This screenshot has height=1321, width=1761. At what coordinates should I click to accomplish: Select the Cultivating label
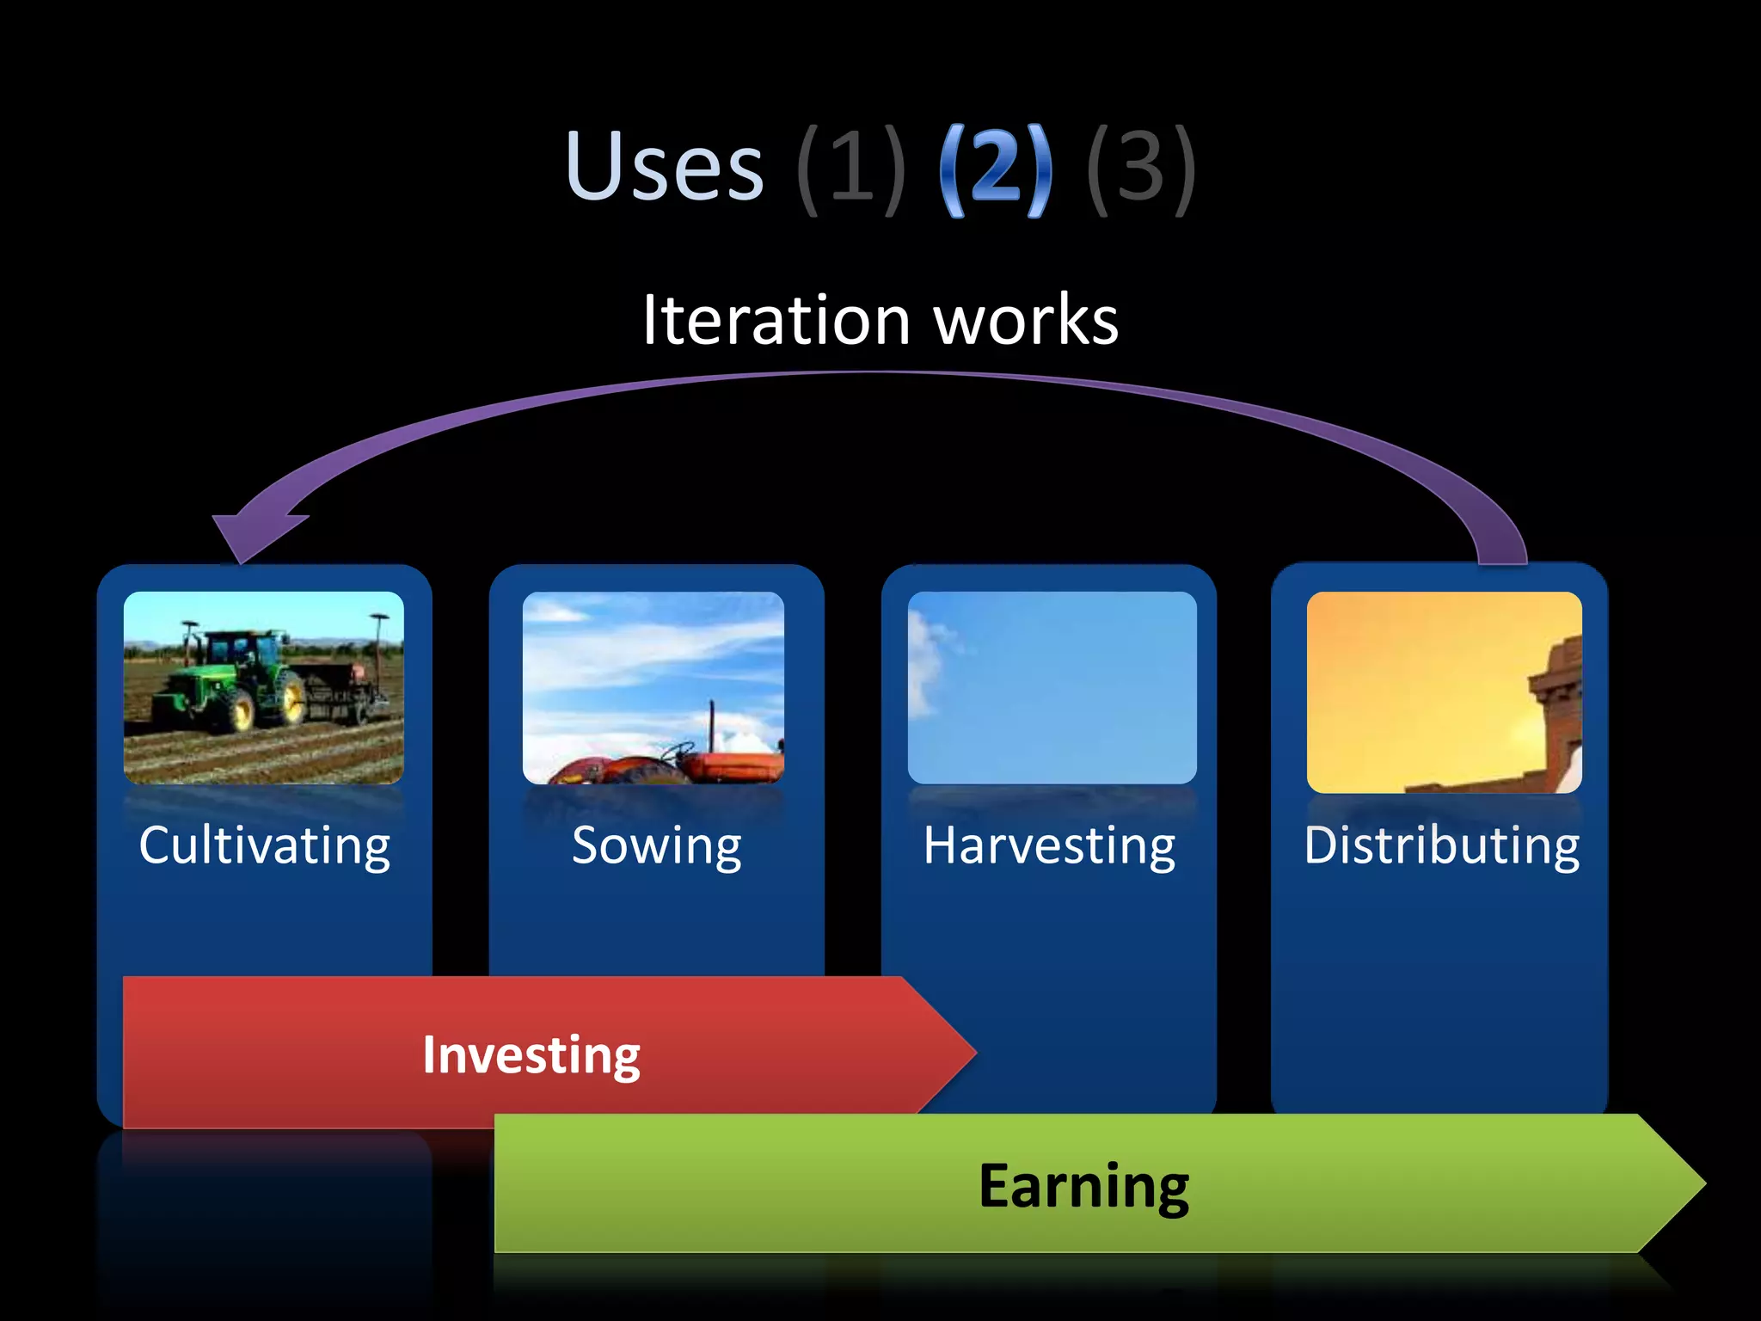265,845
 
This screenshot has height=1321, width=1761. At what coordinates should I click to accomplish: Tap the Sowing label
656,845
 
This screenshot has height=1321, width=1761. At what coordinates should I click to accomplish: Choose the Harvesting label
1049,845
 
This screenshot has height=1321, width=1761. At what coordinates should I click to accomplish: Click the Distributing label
1441,845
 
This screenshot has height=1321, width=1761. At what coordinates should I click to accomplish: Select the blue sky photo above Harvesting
1052,687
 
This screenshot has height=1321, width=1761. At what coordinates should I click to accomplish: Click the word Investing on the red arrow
531,1054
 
